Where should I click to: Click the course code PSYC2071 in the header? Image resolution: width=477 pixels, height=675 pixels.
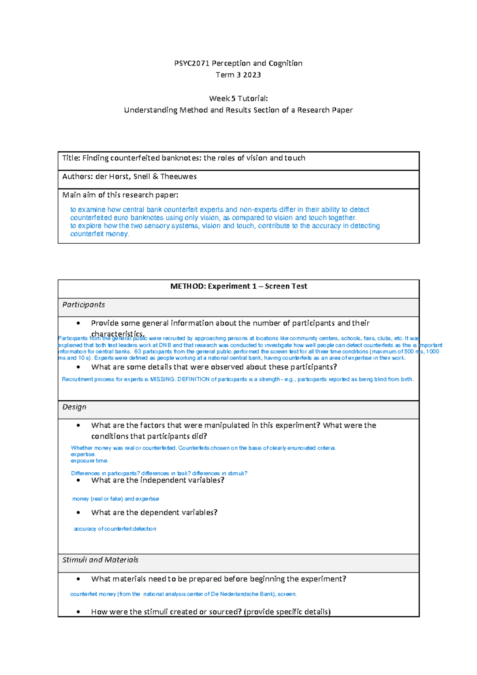point(192,63)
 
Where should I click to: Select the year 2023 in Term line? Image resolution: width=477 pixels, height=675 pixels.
point(252,75)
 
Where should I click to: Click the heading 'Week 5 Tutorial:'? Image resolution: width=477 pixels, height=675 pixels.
point(238,98)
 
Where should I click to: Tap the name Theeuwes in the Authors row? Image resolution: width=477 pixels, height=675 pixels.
point(178,177)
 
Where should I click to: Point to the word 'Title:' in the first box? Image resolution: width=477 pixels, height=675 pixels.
point(71,158)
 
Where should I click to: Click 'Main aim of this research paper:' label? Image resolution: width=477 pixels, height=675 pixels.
point(120,195)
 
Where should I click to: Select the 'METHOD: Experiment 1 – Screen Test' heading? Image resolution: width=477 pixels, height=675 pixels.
point(238,286)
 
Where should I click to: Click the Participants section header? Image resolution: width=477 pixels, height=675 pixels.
point(83,305)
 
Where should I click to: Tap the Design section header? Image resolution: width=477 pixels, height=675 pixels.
point(74,407)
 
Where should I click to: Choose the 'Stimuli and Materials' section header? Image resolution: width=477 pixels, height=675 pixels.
point(100,560)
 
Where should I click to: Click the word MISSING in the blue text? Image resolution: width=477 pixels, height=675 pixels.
point(162,379)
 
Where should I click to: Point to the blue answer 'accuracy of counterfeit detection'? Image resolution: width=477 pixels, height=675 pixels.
point(115,529)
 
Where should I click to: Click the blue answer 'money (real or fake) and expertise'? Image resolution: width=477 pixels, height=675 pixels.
point(116,498)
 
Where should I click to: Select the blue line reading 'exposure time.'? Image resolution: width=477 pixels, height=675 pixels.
point(89,461)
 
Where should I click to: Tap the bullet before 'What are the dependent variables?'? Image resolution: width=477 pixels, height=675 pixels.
point(78,512)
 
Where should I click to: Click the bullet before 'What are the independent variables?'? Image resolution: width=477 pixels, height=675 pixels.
point(78,480)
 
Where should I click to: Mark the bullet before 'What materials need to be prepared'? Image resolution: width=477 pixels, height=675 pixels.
point(78,579)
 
